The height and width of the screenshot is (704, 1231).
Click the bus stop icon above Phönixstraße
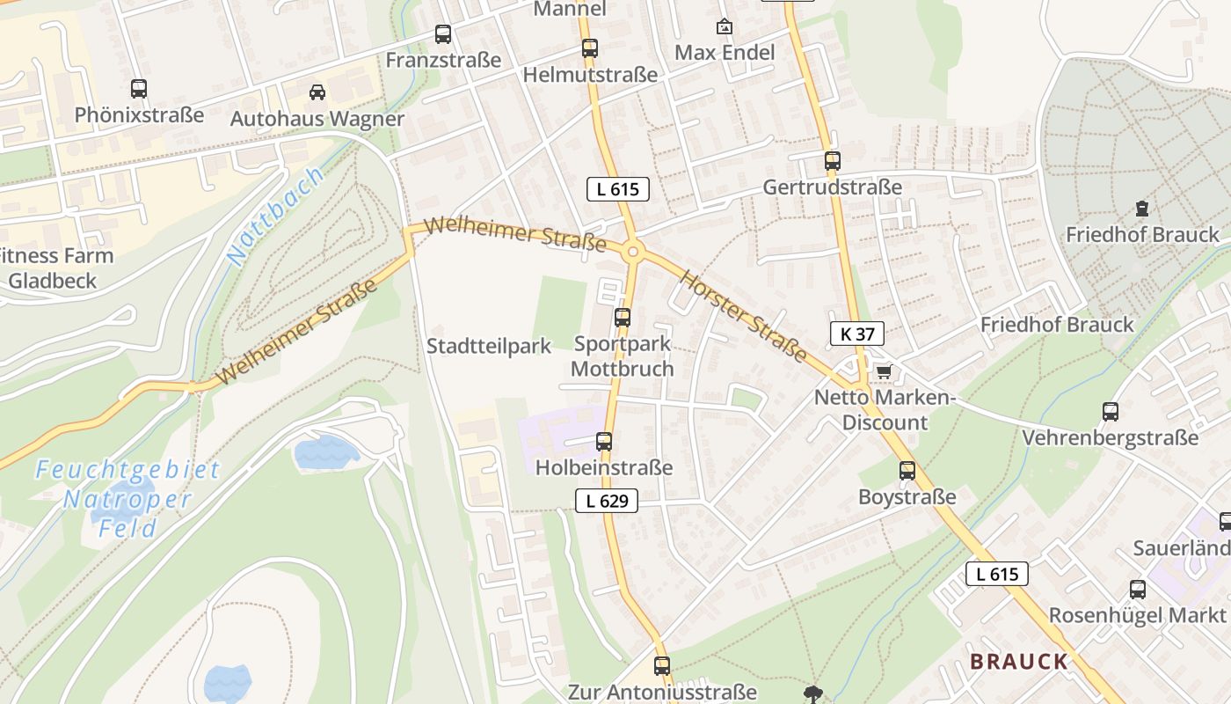tap(139, 88)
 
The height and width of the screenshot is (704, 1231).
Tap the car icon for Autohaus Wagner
tap(317, 92)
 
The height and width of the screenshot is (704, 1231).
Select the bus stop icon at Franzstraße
tap(443, 34)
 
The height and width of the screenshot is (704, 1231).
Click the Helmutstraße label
tap(590, 75)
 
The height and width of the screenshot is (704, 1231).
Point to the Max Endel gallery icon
tap(725, 26)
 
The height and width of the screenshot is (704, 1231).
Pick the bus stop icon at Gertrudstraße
tap(832, 161)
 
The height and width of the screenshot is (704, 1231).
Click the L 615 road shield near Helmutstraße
tap(617, 188)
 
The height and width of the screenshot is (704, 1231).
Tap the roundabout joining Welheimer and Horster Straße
tap(632, 253)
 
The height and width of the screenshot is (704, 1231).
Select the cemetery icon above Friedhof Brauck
tap(1141, 209)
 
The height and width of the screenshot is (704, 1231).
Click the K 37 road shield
tap(856, 334)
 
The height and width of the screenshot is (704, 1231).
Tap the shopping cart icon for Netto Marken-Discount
tap(883, 371)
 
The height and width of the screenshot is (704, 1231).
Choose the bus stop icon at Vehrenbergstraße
tap(1110, 411)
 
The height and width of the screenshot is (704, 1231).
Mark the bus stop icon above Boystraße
tap(907, 471)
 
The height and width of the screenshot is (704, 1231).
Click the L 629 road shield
tap(607, 501)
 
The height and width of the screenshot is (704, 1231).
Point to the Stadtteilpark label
tap(489, 346)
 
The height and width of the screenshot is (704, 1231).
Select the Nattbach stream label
tap(274, 216)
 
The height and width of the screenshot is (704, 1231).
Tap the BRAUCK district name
tap(1019, 662)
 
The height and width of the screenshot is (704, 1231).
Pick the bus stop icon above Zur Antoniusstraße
tap(662, 666)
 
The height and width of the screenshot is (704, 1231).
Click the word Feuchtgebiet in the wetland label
tap(128, 470)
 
